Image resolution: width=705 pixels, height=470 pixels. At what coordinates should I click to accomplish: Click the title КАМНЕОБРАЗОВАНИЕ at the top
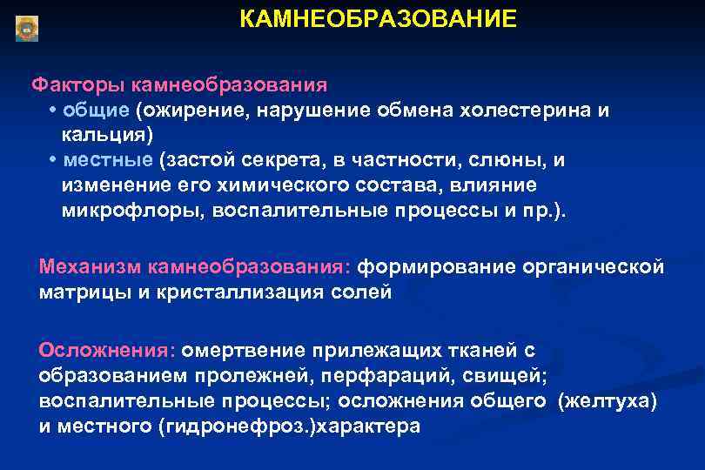tap(378, 19)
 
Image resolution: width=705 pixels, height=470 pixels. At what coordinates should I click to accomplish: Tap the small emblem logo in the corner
tap(27, 28)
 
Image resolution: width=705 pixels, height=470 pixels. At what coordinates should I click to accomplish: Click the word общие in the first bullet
tap(96, 111)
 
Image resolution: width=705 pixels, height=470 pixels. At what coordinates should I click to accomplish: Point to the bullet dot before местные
tap(54, 161)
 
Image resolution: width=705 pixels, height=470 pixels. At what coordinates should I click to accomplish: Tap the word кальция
tap(105, 135)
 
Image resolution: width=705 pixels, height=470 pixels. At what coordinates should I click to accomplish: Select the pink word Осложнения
tap(106, 350)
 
